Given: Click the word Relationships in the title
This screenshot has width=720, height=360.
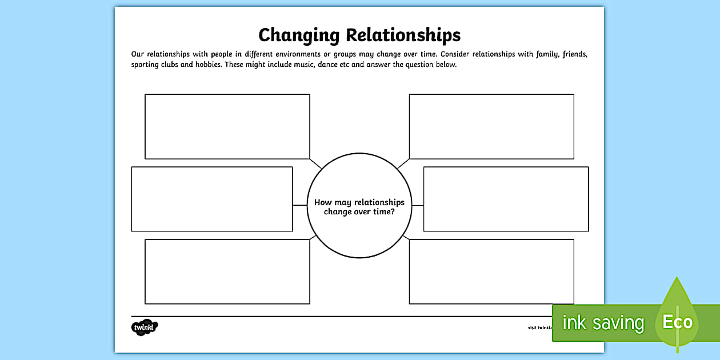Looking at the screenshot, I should pyautogui.click(x=403, y=35).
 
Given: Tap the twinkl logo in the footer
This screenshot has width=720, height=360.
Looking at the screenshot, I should pyautogui.click(x=143, y=327).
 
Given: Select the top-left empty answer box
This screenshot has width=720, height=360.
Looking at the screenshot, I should pyautogui.click(x=227, y=126).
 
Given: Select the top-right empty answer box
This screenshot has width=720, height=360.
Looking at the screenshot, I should pyautogui.click(x=491, y=126).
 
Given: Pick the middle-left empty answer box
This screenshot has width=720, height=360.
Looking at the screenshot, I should pyautogui.click(x=212, y=199).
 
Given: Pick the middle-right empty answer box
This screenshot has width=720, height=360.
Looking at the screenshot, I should pyautogui.click(x=506, y=199).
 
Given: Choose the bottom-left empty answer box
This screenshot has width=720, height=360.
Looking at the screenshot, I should pyautogui.click(x=227, y=271).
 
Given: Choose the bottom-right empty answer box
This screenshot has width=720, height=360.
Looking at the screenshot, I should pyautogui.click(x=491, y=271).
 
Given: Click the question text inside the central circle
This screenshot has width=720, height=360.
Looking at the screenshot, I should pyautogui.click(x=359, y=207).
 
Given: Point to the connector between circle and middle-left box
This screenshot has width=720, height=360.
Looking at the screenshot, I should pyautogui.click(x=300, y=205).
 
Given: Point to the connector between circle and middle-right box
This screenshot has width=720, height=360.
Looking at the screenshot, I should pyautogui.click(x=418, y=205).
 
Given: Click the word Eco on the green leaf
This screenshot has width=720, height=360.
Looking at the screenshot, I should pyautogui.click(x=677, y=322).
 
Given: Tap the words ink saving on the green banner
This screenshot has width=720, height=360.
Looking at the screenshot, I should pyautogui.click(x=603, y=323).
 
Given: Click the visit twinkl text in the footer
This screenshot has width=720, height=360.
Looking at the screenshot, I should pyautogui.click(x=539, y=327).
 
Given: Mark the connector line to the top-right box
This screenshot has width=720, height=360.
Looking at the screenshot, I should pyautogui.click(x=403, y=164).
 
